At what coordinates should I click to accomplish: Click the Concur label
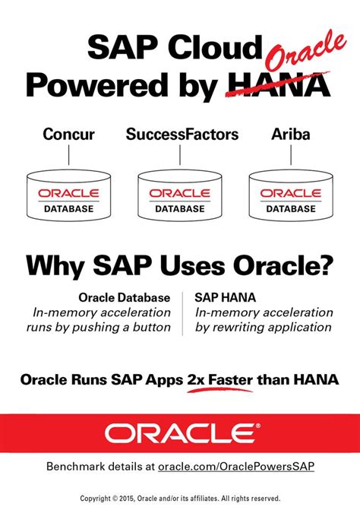pos(68,135)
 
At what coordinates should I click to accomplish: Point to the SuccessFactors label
pos(182,135)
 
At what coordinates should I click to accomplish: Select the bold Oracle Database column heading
pos(124,297)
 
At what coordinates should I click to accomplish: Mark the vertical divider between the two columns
pos(182,312)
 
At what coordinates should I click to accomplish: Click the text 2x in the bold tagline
pos(195,378)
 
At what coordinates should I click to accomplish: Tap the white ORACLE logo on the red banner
pos(180,433)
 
